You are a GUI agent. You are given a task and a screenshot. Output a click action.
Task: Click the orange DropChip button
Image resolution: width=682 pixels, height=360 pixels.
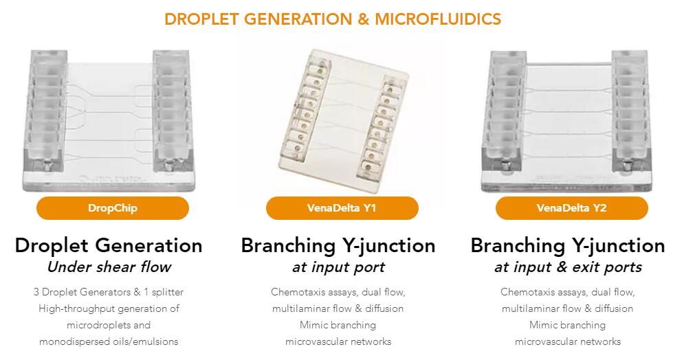point(113,208)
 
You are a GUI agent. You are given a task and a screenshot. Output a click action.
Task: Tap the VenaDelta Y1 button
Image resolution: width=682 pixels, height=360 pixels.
point(342,208)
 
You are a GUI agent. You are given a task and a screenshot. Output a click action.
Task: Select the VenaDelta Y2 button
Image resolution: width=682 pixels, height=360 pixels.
point(571,208)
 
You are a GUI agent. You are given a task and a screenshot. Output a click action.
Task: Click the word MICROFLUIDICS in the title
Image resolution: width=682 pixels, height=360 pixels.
point(438,19)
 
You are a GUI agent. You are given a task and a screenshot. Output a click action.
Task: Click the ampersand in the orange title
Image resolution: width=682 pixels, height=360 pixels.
point(363,19)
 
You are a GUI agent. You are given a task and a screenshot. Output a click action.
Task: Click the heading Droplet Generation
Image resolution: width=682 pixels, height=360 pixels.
point(109,245)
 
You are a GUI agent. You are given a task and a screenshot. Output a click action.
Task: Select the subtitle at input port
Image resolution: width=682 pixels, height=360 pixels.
point(338,267)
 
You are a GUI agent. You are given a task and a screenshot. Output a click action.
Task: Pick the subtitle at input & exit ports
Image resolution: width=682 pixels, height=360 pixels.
point(568,267)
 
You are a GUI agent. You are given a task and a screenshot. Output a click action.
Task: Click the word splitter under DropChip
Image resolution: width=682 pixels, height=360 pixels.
point(168,292)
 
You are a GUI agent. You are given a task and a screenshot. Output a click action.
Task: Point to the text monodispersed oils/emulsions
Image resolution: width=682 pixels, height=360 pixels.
point(109,341)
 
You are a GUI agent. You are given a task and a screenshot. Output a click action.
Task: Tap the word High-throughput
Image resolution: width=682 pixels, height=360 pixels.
point(70,308)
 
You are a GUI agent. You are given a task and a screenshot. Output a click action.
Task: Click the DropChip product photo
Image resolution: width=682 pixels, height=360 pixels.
point(109,120)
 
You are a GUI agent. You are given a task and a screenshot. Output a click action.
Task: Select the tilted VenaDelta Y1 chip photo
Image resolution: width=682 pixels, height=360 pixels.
point(344,113)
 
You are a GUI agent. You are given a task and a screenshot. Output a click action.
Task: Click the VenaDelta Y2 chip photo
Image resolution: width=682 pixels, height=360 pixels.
point(567,122)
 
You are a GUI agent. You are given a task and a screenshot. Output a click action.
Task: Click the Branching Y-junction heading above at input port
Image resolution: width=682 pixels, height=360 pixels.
point(338,245)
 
